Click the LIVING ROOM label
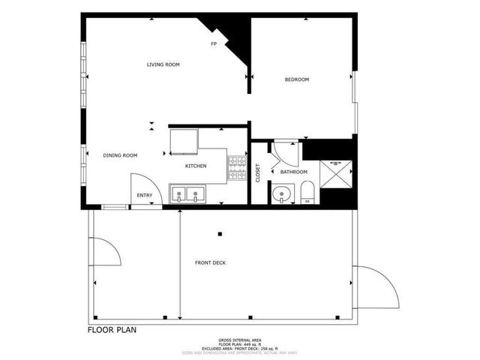click(x=163, y=64)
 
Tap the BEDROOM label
click(x=297, y=79)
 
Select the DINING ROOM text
click(x=120, y=155)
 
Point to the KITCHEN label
click(x=196, y=166)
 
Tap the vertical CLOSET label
click(x=258, y=173)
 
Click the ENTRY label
click(x=144, y=196)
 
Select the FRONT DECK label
click(x=211, y=262)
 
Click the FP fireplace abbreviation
click(x=214, y=44)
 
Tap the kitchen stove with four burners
click(x=237, y=169)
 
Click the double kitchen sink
click(x=187, y=195)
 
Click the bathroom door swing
click(x=284, y=153)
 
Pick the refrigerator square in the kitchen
click(x=184, y=141)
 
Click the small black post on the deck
click(x=220, y=235)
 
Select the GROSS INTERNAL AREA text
click(x=240, y=339)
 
